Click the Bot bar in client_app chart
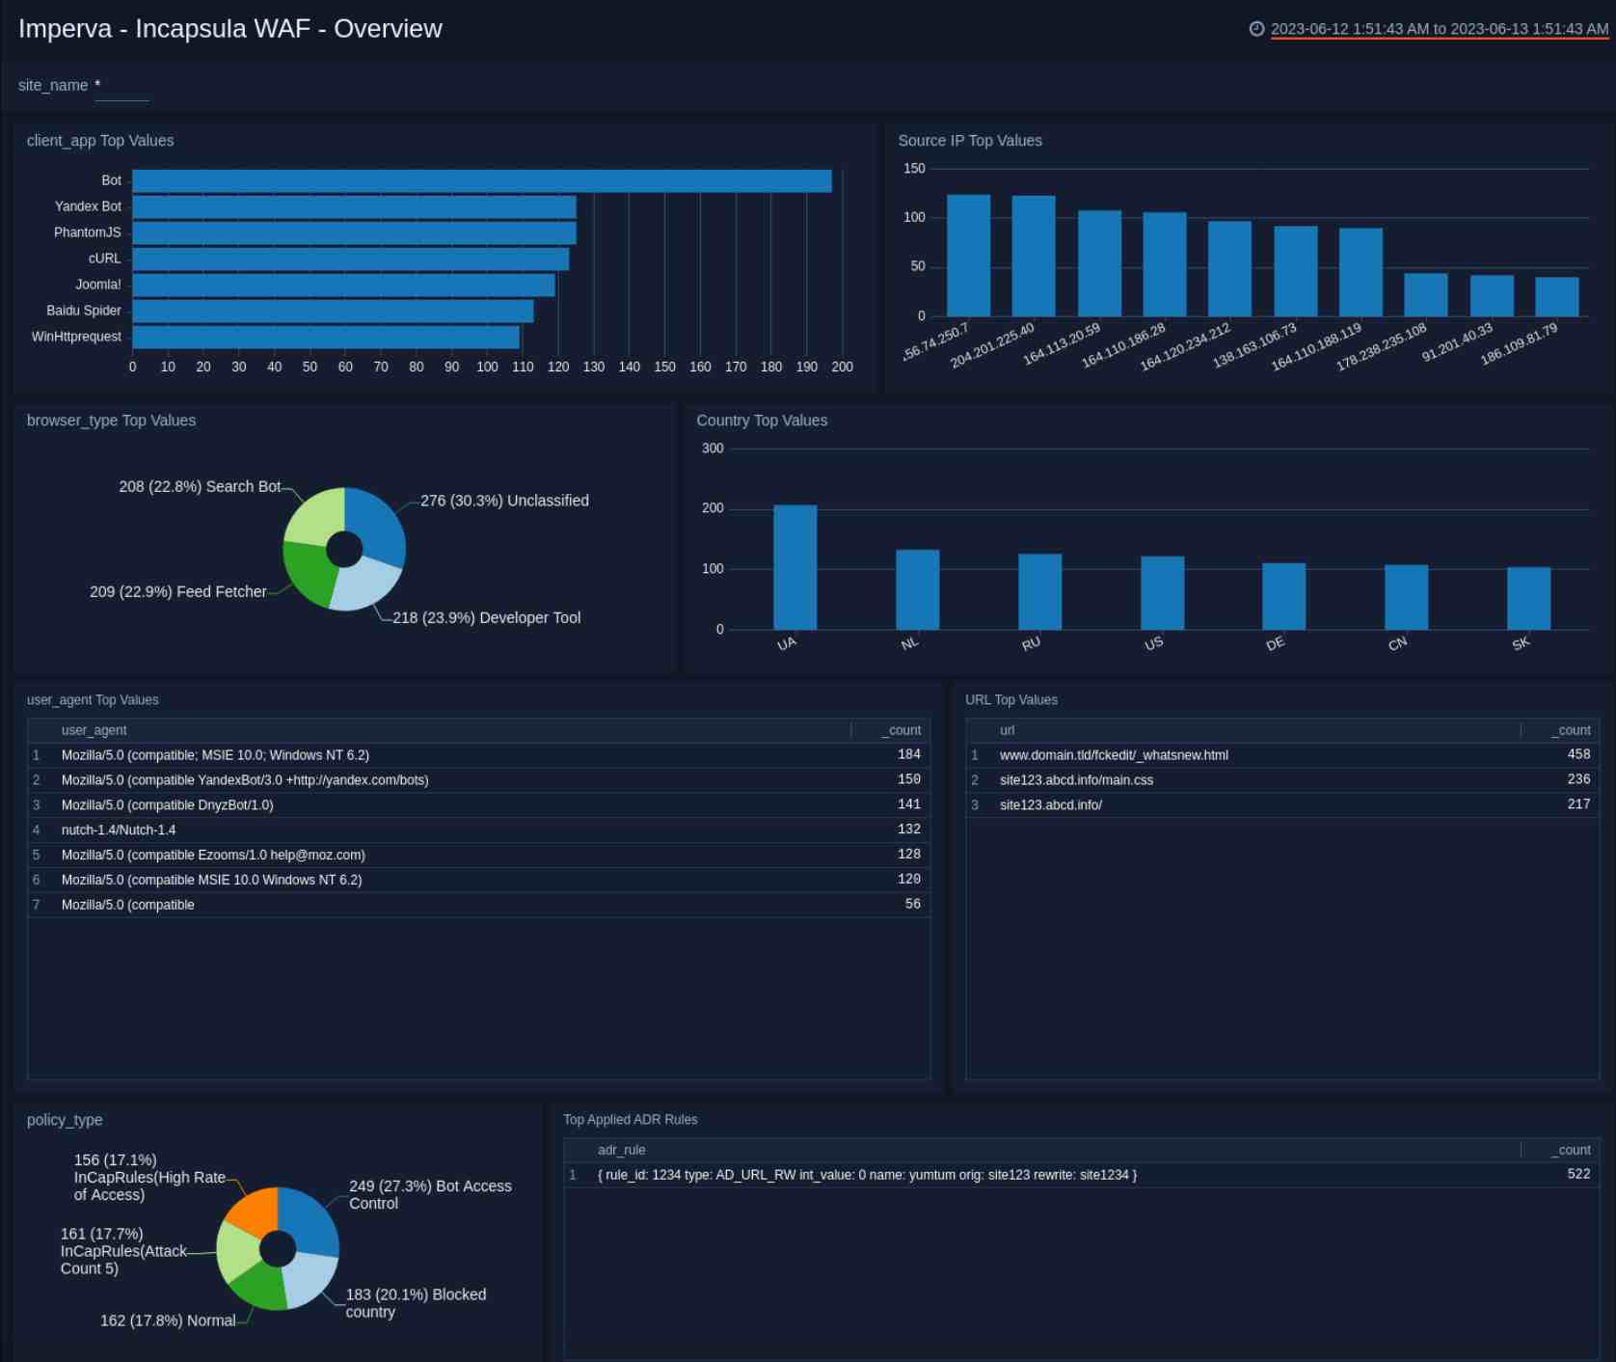click(482, 181)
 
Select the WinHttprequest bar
click(326, 338)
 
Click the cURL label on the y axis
click(104, 259)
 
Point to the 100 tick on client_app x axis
click(487, 367)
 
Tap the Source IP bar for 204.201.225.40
click(1033, 257)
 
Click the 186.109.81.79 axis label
click(1520, 344)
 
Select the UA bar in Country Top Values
click(795, 567)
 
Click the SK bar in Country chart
click(1528, 598)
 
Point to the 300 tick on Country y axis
click(713, 449)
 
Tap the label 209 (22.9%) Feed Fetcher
click(178, 591)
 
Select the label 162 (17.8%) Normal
click(168, 1321)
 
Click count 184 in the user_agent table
click(908, 754)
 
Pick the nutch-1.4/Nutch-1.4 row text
click(119, 830)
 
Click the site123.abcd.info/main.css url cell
click(1076, 779)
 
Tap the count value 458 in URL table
click(1578, 754)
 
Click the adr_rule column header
click(621, 1150)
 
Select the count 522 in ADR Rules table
click(1578, 1174)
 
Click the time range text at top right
click(1439, 29)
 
